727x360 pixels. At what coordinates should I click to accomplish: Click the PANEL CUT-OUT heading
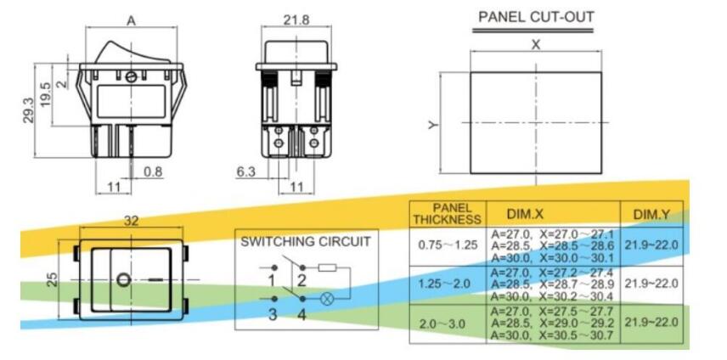point(536,17)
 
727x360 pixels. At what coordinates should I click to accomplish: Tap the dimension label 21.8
point(296,19)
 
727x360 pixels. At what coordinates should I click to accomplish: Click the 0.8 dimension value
point(153,172)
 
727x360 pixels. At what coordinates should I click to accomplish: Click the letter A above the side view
point(132,20)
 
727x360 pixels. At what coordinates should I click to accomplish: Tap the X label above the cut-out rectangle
point(536,45)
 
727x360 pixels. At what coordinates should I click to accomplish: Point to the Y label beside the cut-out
point(433,125)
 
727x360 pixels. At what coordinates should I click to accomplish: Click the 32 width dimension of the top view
point(132,220)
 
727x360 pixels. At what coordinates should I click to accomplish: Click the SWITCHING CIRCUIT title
point(305,241)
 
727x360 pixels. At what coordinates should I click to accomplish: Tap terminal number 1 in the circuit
point(272,281)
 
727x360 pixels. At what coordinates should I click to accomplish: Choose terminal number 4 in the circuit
point(302,315)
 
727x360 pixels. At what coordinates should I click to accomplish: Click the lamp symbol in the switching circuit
point(325,299)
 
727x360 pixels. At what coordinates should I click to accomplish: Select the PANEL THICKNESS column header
point(447,214)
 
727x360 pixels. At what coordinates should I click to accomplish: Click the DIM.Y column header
point(651,214)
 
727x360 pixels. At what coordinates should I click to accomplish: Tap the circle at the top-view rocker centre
point(124,278)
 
